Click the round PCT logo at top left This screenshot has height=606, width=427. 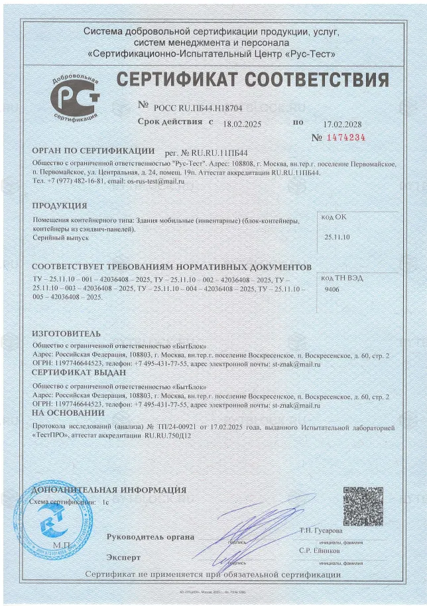(74, 97)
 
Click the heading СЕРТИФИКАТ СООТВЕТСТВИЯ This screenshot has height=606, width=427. (253, 81)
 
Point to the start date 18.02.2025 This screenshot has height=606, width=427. (243, 124)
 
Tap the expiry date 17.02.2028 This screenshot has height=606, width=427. (343, 124)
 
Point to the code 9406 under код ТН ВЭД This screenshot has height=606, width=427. (332, 290)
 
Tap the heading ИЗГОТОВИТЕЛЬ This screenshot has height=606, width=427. (66, 333)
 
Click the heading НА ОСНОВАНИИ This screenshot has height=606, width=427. (68, 412)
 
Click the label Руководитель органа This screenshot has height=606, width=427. (150, 536)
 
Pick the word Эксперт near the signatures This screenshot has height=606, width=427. (123, 557)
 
